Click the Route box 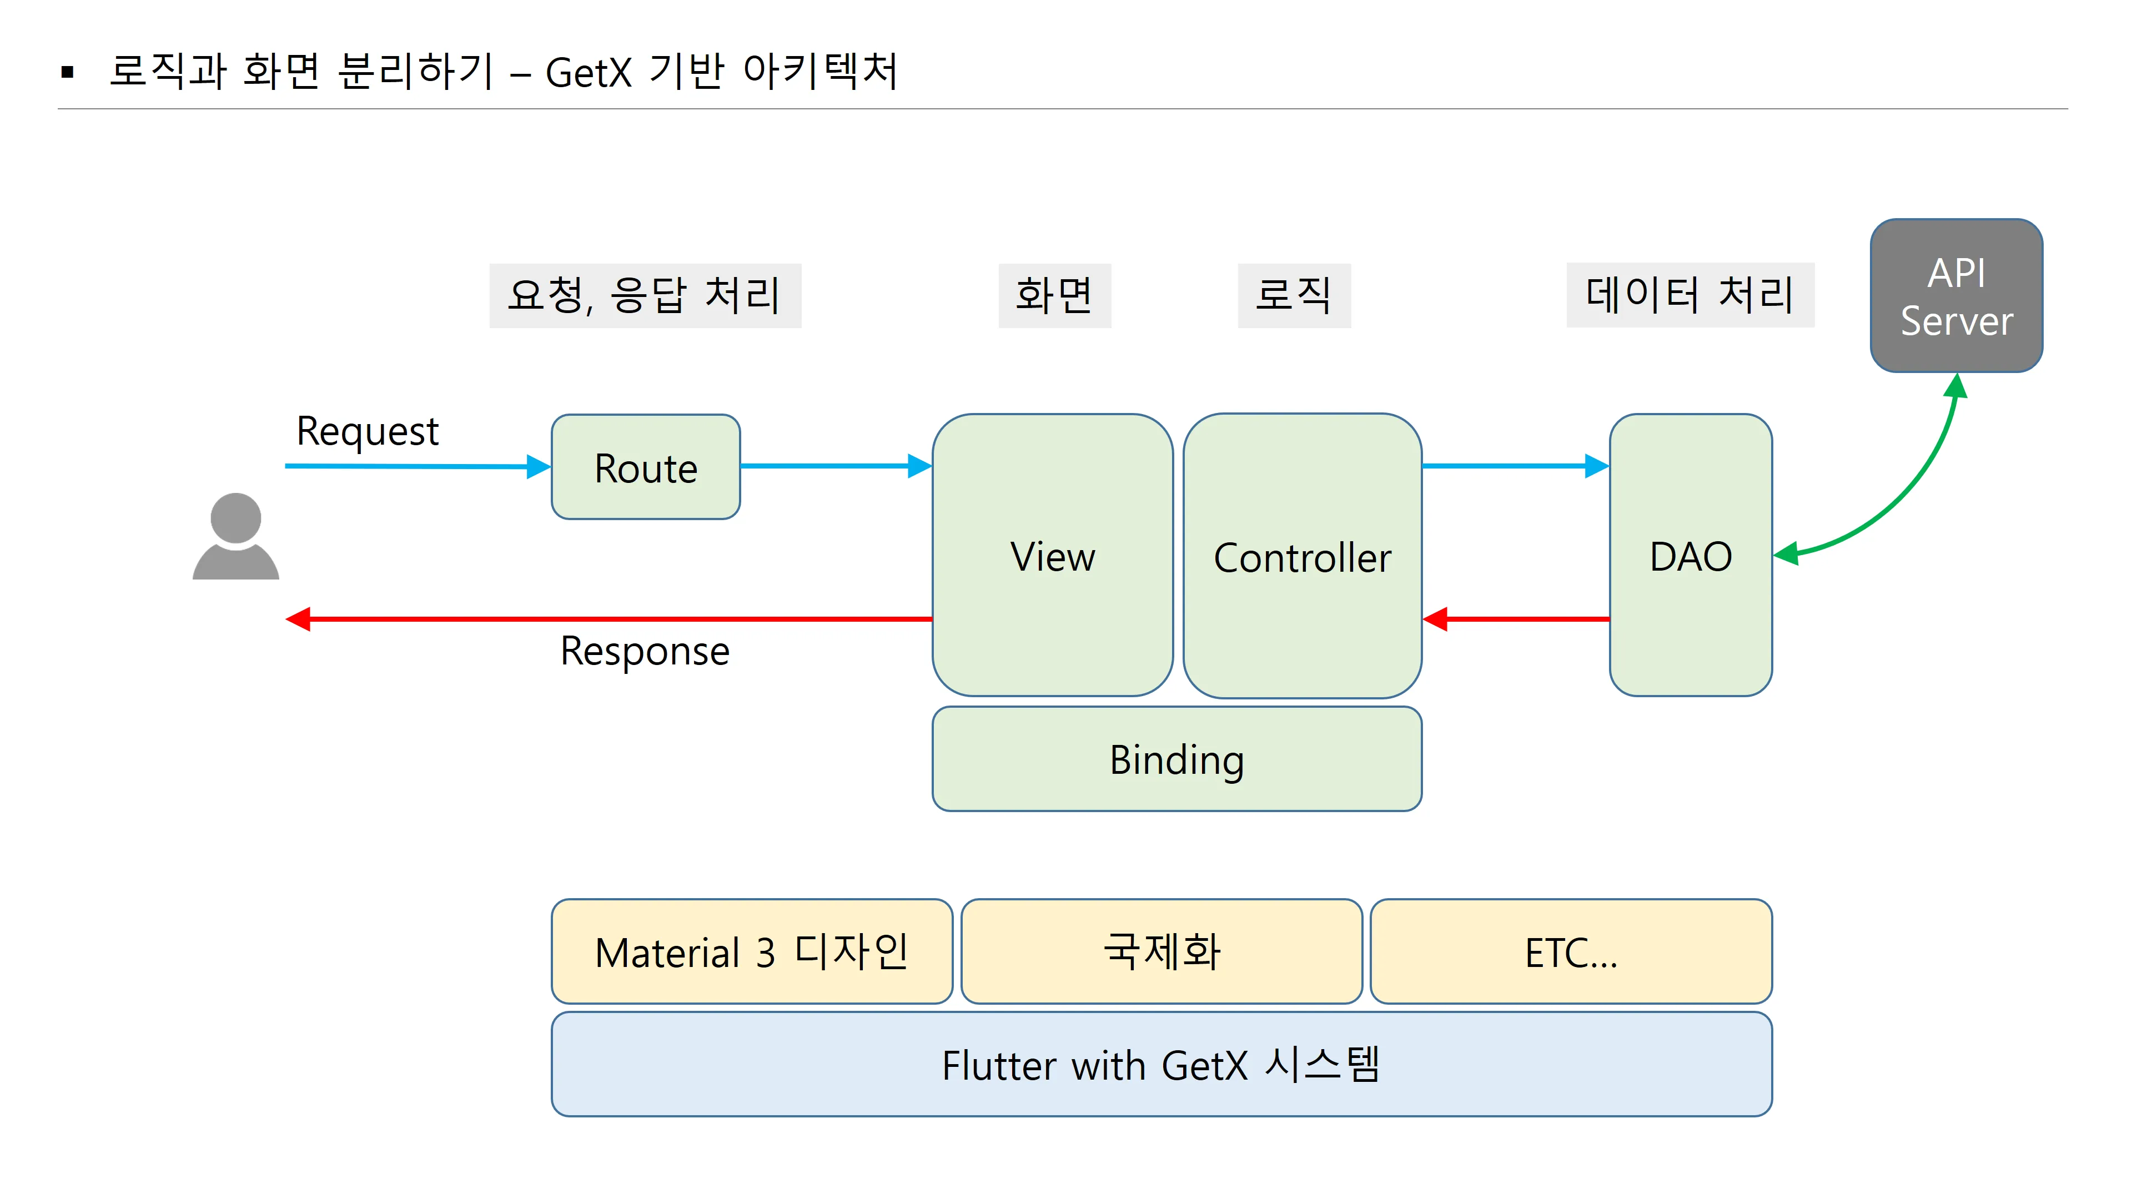(646, 467)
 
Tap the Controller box (1302, 556)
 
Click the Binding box (1176, 759)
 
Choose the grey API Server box (1955, 295)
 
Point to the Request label (368, 431)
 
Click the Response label (645, 651)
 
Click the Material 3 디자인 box (752, 951)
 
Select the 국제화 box (1161, 951)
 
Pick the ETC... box (1570, 951)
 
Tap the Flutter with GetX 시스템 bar (1161, 1064)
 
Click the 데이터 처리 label (1689, 295)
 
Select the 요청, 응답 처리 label (645, 295)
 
